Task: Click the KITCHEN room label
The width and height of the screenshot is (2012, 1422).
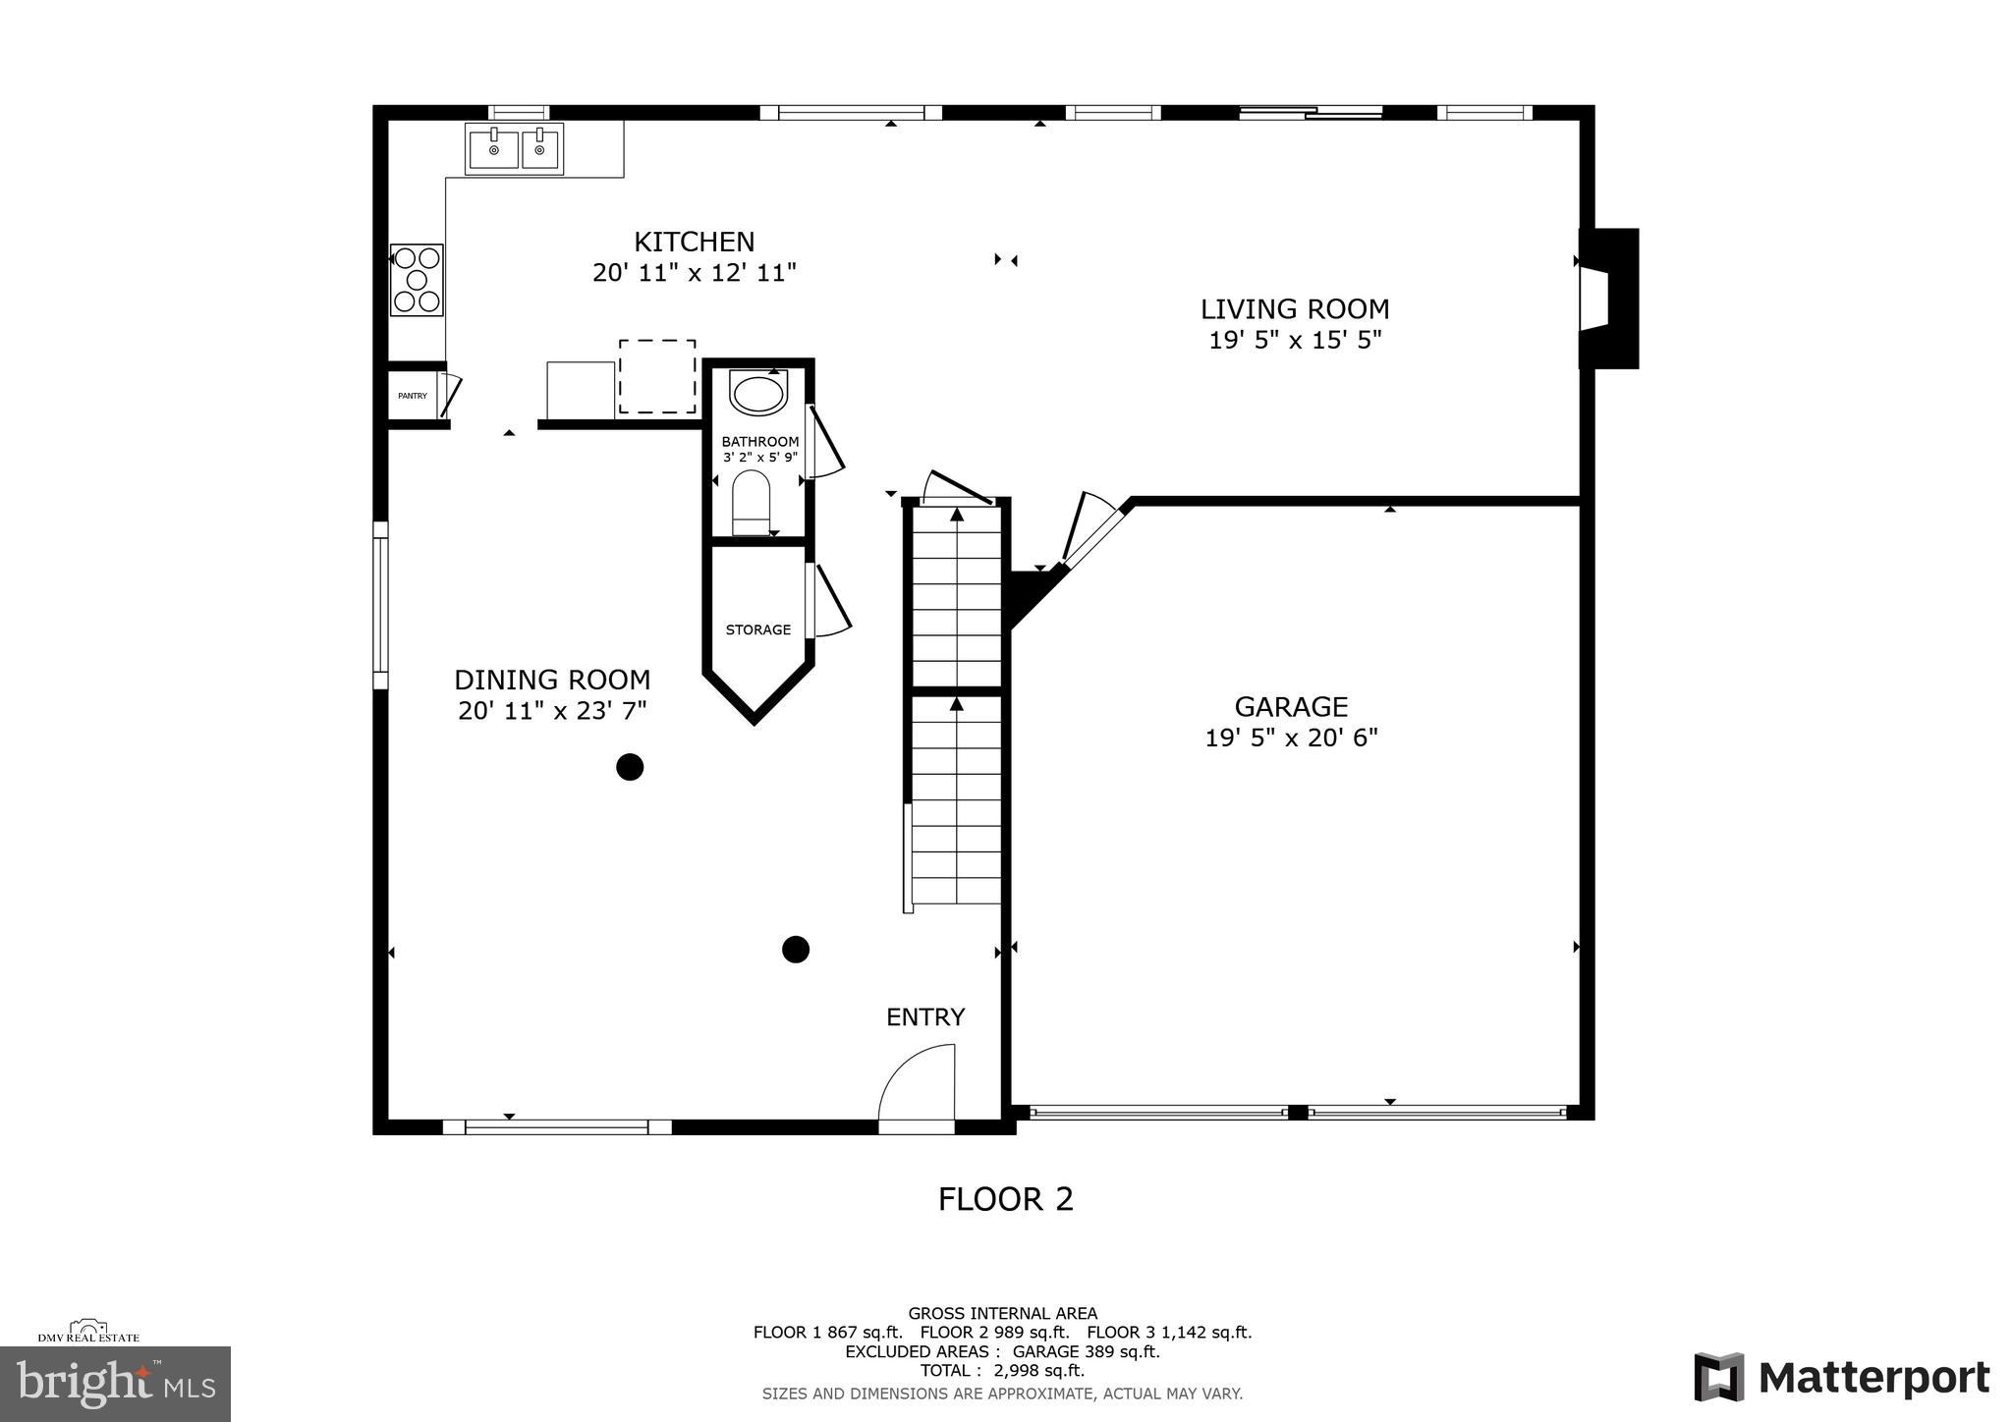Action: [694, 242]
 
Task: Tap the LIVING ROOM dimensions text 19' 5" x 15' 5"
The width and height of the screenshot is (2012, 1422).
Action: [1295, 341]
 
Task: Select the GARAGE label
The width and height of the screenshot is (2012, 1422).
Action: [1291, 707]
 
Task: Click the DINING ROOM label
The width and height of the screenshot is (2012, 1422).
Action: [552, 680]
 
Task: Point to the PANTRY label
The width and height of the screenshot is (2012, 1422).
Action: [413, 396]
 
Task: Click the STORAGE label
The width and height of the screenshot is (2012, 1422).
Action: [757, 629]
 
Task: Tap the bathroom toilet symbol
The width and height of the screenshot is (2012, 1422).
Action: [752, 503]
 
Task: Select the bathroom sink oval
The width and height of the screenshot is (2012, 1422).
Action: [757, 395]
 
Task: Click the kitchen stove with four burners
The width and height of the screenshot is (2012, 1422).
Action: [417, 280]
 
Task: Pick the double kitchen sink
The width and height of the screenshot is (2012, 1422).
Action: [515, 149]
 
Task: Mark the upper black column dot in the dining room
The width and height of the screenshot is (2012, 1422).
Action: [630, 767]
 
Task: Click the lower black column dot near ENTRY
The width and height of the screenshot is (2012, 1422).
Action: [795, 950]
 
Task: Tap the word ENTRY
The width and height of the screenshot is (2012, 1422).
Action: [925, 1017]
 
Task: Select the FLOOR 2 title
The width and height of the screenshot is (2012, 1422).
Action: [1005, 1199]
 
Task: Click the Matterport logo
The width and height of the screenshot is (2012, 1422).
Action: [1841, 1377]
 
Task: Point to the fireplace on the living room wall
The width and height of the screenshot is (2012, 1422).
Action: [1607, 299]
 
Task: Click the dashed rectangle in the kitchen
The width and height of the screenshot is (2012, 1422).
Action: [657, 376]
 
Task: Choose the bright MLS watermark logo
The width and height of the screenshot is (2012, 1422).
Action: [115, 1384]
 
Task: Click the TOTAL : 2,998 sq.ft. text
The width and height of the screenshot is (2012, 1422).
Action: [1002, 1370]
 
